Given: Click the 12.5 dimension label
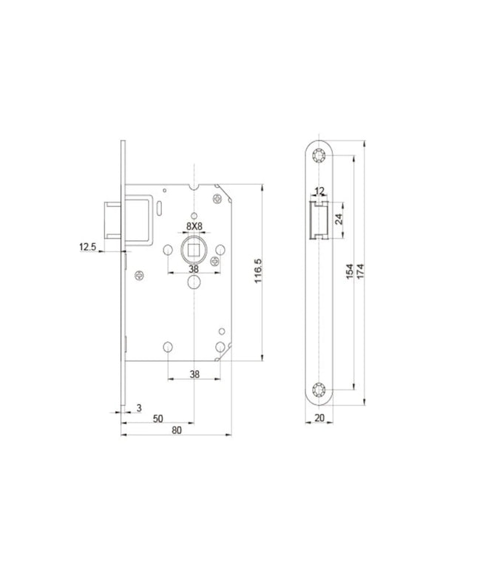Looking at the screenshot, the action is (87, 247).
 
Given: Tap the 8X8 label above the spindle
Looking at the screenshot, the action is (194, 227).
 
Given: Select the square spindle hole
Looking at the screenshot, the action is (194, 251).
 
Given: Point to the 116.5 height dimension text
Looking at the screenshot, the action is (258, 271).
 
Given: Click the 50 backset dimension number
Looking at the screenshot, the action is (158, 419).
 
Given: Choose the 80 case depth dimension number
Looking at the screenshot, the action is (177, 430).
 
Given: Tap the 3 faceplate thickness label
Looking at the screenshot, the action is (139, 408).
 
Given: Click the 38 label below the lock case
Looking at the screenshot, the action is (195, 374).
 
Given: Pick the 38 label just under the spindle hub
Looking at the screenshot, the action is (194, 269).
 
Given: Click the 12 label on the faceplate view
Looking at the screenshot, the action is (319, 191).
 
